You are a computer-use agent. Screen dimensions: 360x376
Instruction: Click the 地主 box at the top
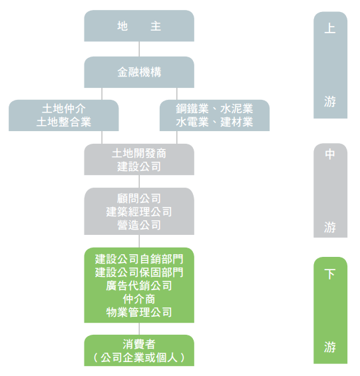(139, 26)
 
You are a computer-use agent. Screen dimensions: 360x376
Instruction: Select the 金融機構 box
(139, 72)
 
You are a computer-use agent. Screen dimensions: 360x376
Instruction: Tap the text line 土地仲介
(64, 109)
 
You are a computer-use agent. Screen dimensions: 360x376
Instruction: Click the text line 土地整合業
(64, 122)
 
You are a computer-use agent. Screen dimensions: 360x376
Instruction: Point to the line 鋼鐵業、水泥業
(214, 109)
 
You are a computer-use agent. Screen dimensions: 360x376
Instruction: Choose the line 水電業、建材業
(214, 122)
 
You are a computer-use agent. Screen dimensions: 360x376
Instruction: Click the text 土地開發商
(139, 154)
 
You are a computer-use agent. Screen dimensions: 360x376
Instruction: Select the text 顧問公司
(139, 198)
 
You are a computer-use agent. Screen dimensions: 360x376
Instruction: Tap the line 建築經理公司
(139, 212)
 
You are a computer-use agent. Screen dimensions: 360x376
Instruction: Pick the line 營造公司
(139, 225)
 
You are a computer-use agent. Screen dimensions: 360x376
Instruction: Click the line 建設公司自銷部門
(139, 260)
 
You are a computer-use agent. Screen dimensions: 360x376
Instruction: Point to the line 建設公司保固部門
(139, 272)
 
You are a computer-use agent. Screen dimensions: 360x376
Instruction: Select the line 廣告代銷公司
(139, 286)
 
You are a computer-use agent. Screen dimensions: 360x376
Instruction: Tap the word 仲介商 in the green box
(139, 299)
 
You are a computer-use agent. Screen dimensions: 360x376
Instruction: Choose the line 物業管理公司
(139, 313)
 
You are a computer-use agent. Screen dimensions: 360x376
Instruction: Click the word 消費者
(139, 345)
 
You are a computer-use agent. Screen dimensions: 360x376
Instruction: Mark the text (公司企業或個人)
(139, 358)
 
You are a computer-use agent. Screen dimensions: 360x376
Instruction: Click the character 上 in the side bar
(330, 29)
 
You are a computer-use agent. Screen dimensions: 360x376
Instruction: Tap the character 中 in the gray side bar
(330, 154)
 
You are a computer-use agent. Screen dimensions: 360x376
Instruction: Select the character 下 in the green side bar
(330, 274)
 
